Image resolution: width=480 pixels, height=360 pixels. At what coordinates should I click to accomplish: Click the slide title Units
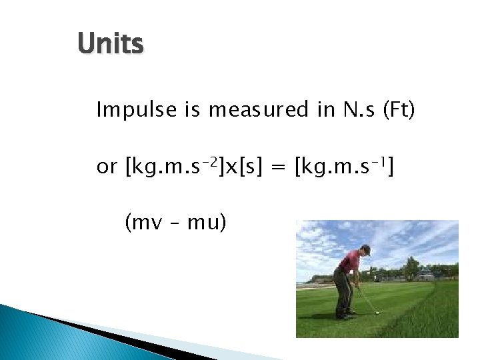[x=110, y=45]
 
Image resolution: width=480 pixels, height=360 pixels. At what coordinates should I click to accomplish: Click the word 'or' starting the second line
[x=107, y=167]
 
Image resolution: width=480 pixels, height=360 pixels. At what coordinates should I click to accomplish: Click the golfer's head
[x=365, y=251]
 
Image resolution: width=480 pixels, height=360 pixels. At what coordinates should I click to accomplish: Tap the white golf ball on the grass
[x=377, y=312]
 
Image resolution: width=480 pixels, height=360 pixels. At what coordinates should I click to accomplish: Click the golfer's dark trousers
[x=343, y=290]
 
